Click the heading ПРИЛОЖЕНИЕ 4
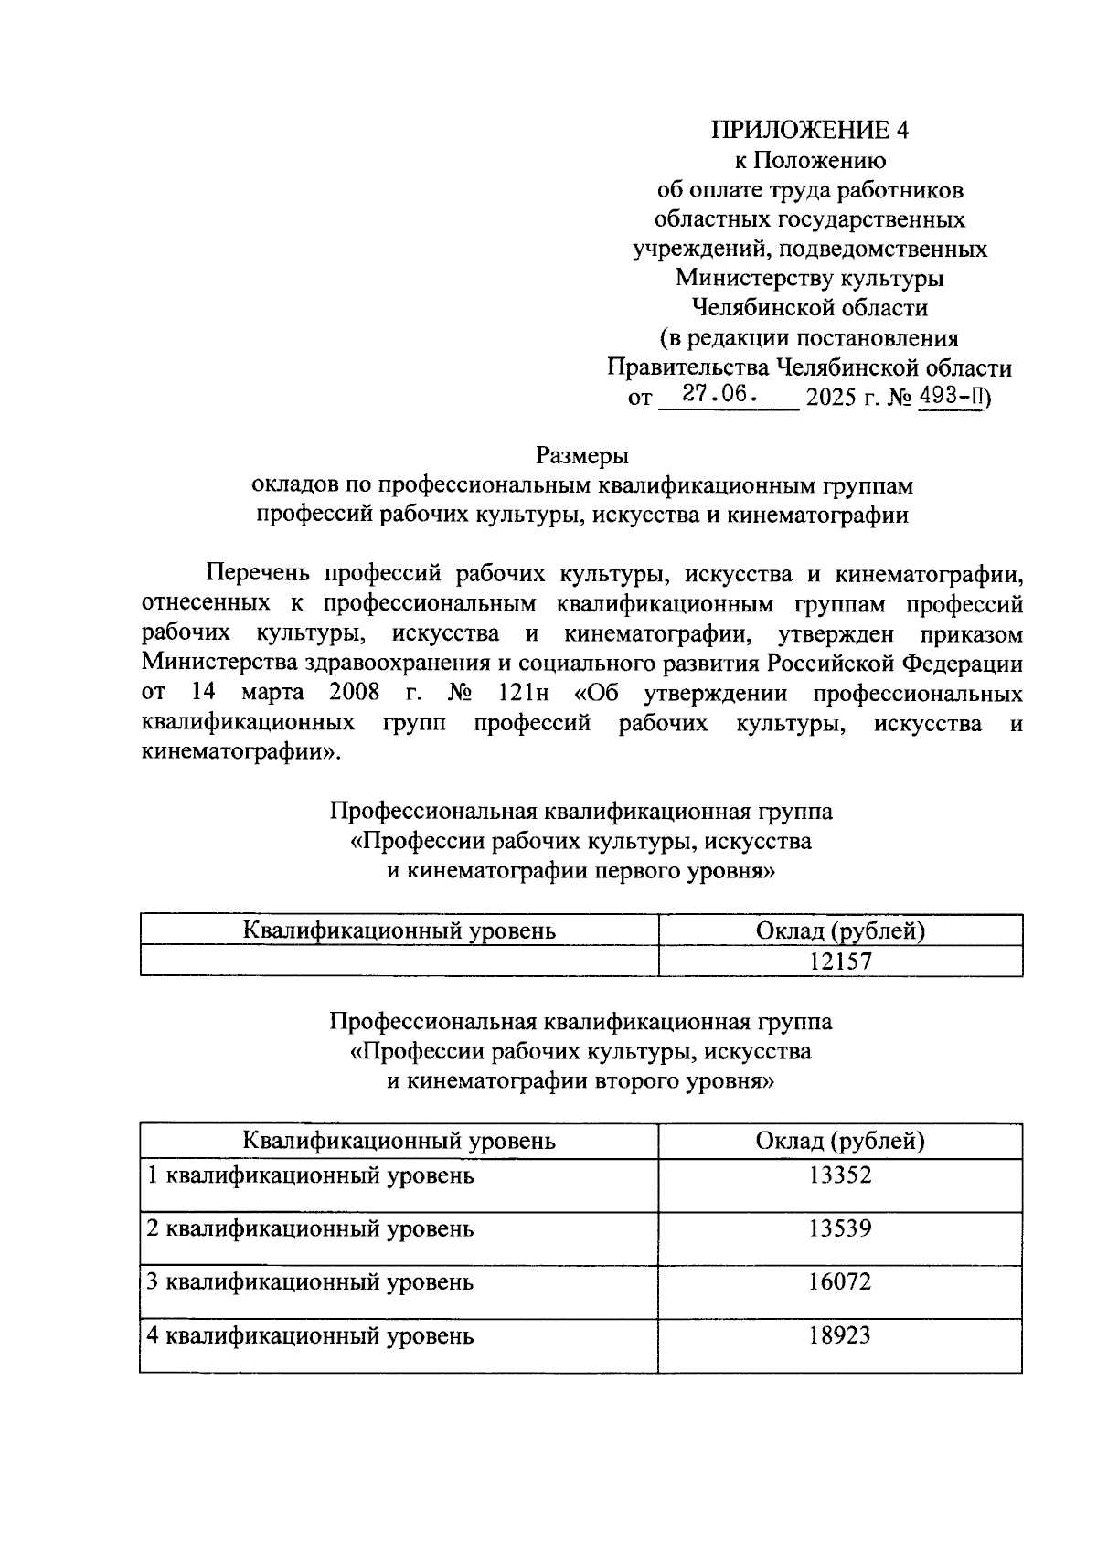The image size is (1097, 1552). [810, 130]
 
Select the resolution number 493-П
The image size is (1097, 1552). [950, 397]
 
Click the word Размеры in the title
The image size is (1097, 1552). [582, 454]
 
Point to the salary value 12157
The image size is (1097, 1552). [840, 961]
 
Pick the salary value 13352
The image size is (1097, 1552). [840, 1175]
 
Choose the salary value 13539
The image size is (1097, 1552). [840, 1228]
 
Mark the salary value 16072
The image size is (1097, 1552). [840, 1281]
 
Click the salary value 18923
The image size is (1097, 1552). [840, 1335]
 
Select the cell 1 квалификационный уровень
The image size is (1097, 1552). [311, 1175]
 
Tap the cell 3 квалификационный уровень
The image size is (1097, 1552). [311, 1282]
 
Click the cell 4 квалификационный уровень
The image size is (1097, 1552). [311, 1336]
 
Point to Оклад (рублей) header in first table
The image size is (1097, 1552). [840, 930]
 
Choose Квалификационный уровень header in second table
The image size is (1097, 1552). [399, 1141]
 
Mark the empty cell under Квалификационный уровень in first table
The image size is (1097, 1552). [399, 961]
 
